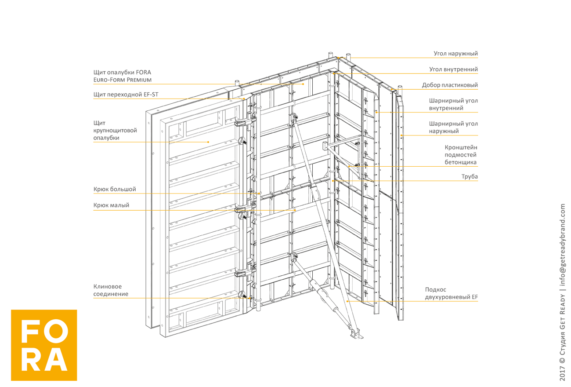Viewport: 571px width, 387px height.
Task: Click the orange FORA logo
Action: (44, 345)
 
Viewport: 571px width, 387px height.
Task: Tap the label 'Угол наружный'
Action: (455, 54)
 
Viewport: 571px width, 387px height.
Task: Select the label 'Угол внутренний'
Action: (454, 69)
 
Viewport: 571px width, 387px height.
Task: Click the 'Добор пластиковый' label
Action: (450, 85)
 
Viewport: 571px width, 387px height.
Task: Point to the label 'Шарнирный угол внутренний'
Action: (453, 104)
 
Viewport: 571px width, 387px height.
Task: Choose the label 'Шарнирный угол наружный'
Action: (453, 128)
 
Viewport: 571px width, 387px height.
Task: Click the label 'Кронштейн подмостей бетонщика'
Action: (460, 155)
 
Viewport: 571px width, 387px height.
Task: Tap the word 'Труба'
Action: (470, 177)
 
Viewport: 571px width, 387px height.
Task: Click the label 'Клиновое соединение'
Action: (111, 290)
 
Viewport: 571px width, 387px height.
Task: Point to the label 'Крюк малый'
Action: (111, 205)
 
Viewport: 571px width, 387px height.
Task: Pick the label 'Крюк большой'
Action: (114, 189)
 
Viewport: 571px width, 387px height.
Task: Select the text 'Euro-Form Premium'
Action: (123, 80)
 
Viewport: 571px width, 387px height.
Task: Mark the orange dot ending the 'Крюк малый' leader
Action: (295, 210)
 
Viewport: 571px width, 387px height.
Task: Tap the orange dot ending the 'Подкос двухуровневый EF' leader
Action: (347, 301)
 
